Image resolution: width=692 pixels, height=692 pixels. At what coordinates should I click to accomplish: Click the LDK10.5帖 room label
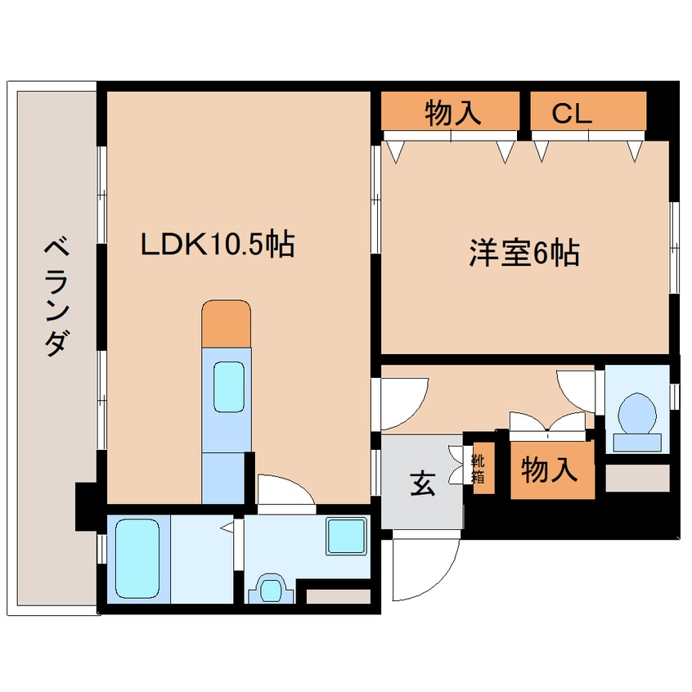(218, 245)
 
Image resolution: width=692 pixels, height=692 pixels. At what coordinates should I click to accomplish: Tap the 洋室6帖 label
(523, 254)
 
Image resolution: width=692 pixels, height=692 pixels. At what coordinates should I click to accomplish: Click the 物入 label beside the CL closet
(452, 115)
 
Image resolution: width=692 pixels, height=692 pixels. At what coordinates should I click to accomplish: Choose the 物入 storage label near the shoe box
(550, 470)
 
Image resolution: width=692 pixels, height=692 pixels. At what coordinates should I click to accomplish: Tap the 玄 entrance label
(421, 485)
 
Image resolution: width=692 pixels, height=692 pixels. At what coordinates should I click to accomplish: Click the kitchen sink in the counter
(230, 387)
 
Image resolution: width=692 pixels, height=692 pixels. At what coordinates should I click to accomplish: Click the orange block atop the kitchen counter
(225, 322)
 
